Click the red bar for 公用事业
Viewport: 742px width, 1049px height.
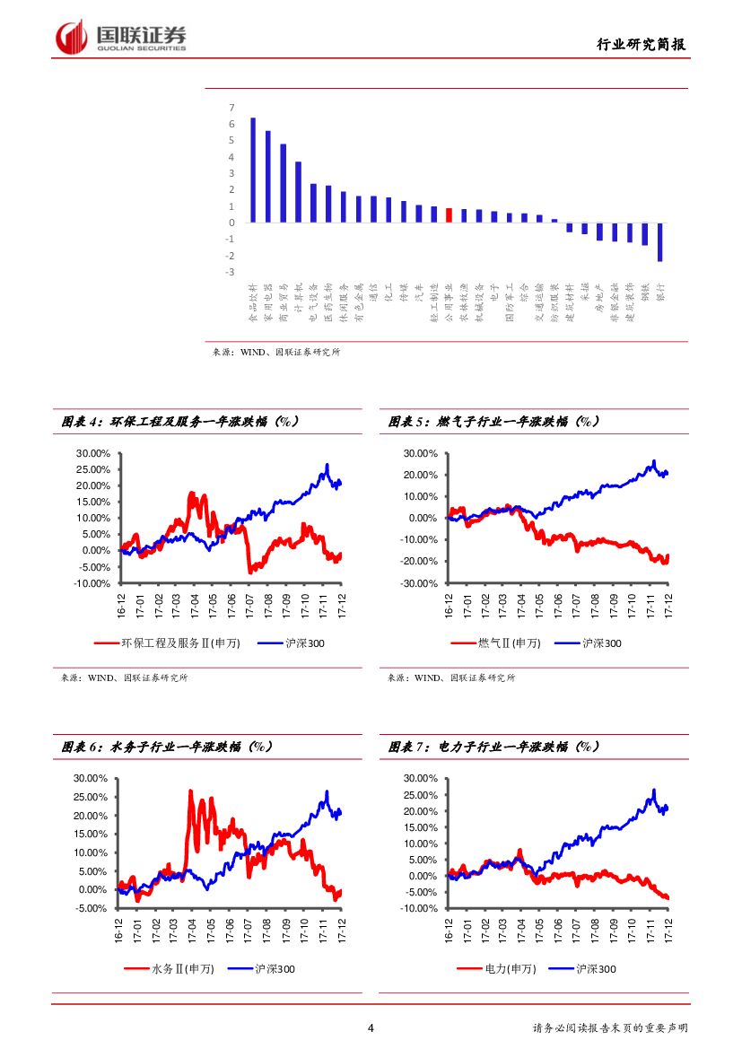pos(449,215)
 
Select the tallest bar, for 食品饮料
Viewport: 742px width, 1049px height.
pos(253,170)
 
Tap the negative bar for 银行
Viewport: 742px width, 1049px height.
pos(659,242)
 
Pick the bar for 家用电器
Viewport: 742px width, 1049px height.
pos(267,177)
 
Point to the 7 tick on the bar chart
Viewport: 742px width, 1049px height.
pos(231,108)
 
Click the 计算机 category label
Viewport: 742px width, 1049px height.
pos(298,297)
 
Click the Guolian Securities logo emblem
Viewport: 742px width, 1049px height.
pos(72,37)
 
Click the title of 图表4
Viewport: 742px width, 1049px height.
pos(179,421)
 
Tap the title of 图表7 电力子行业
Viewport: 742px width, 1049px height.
pos(494,747)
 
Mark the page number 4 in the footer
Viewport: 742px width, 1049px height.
pos(371,1028)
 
